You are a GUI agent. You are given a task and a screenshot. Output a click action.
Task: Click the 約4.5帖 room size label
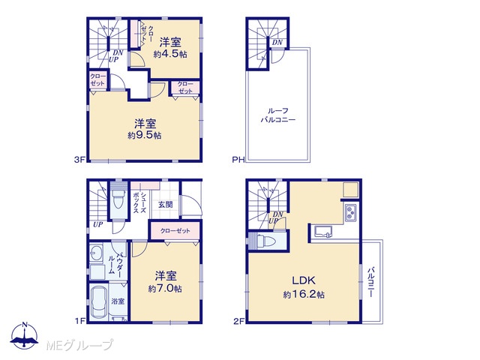point(170,55)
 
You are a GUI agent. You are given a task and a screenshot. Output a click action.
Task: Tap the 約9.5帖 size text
point(145,135)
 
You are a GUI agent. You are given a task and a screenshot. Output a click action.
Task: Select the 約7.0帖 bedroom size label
point(165,288)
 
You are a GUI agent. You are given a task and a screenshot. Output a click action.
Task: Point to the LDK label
point(304,280)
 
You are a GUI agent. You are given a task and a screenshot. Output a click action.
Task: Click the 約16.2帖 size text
point(304,295)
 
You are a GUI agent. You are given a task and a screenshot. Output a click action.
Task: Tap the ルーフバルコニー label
point(278,115)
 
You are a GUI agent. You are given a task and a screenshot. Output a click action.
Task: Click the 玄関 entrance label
point(165,205)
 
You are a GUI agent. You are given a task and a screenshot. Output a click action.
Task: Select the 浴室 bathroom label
point(118,301)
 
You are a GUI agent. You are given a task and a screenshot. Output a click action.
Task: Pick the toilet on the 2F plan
point(265,241)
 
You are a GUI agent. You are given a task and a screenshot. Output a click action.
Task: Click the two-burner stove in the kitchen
point(350,212)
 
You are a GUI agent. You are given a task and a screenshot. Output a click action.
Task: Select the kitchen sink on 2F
point(323,232)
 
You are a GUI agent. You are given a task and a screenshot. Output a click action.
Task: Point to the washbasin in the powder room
point(97,253)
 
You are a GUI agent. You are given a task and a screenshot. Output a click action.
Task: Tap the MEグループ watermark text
point(79,345)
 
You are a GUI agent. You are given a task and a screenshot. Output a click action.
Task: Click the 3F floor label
point(79,160)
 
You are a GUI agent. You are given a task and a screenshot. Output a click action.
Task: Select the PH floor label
point(238,160)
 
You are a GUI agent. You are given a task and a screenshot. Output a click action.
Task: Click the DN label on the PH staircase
point(277,43)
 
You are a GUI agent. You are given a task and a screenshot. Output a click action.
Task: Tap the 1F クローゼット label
point(175,230)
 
